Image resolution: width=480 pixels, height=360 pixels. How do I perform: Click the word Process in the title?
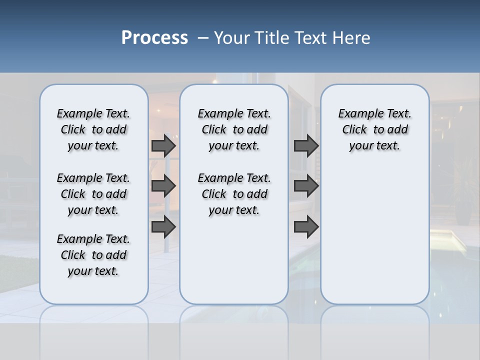click(154, 38)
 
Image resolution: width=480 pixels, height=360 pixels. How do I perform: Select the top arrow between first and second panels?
click(163, 145)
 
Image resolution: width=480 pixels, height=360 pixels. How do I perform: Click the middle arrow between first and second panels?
click(163, 186)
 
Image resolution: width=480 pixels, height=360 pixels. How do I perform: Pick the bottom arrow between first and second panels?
click(163, 227)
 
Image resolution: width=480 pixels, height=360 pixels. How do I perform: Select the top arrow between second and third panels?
click(306, 145)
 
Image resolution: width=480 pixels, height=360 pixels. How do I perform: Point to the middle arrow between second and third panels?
click(306, 186)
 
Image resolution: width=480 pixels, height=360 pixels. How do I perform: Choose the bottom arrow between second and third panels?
click(306, 227)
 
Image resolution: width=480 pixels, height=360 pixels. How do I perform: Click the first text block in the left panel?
click(93, 129)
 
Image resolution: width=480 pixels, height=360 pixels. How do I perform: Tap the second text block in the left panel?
click(93, 194)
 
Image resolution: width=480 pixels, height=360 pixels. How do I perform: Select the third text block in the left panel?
click(93, 255)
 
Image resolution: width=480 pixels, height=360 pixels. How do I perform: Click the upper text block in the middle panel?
click(234, 129)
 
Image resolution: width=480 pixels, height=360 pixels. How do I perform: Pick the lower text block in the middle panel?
click(234, 194)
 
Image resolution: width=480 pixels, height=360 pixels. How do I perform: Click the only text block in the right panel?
click(374, 129)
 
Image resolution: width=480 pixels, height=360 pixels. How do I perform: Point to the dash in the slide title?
click(203, 38)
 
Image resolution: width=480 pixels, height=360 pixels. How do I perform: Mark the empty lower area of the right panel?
click(374, 235)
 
